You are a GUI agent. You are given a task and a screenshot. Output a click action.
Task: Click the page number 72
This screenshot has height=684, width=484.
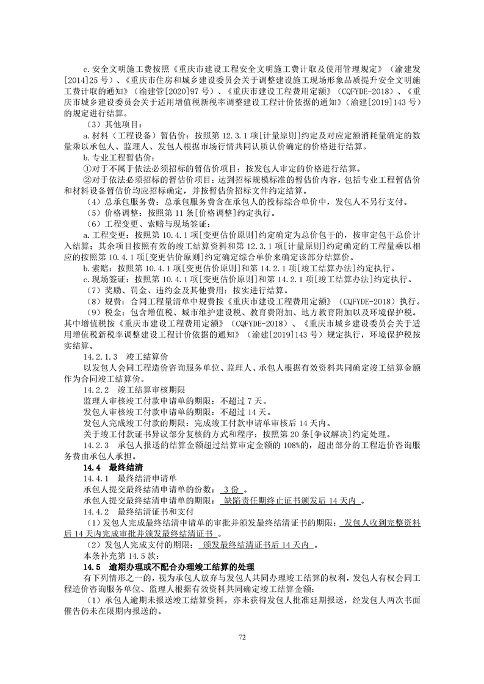click(x=242, y=638)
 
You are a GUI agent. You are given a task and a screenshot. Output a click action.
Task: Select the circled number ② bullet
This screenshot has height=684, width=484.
click(x=87, y=179)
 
